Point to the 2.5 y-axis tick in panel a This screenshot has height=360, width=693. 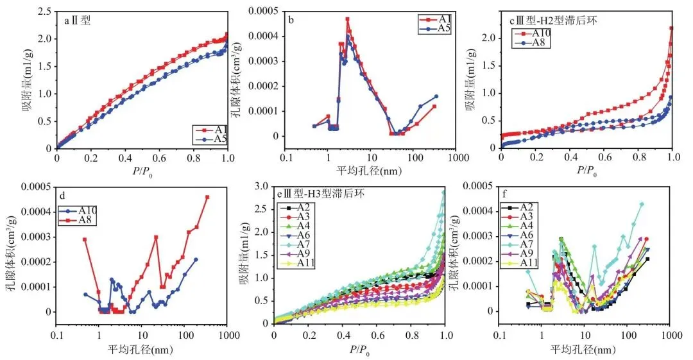(44, 12)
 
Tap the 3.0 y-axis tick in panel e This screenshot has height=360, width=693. (260, 186)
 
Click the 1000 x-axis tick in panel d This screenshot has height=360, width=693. (226, 335)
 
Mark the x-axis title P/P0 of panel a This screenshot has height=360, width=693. (141, 171)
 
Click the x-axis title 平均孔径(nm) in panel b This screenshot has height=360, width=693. (370, 171)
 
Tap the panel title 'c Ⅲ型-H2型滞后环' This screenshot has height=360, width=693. (553, 21)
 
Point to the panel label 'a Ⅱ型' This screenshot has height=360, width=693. (78, 21)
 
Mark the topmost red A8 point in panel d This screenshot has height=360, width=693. (207, 197)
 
